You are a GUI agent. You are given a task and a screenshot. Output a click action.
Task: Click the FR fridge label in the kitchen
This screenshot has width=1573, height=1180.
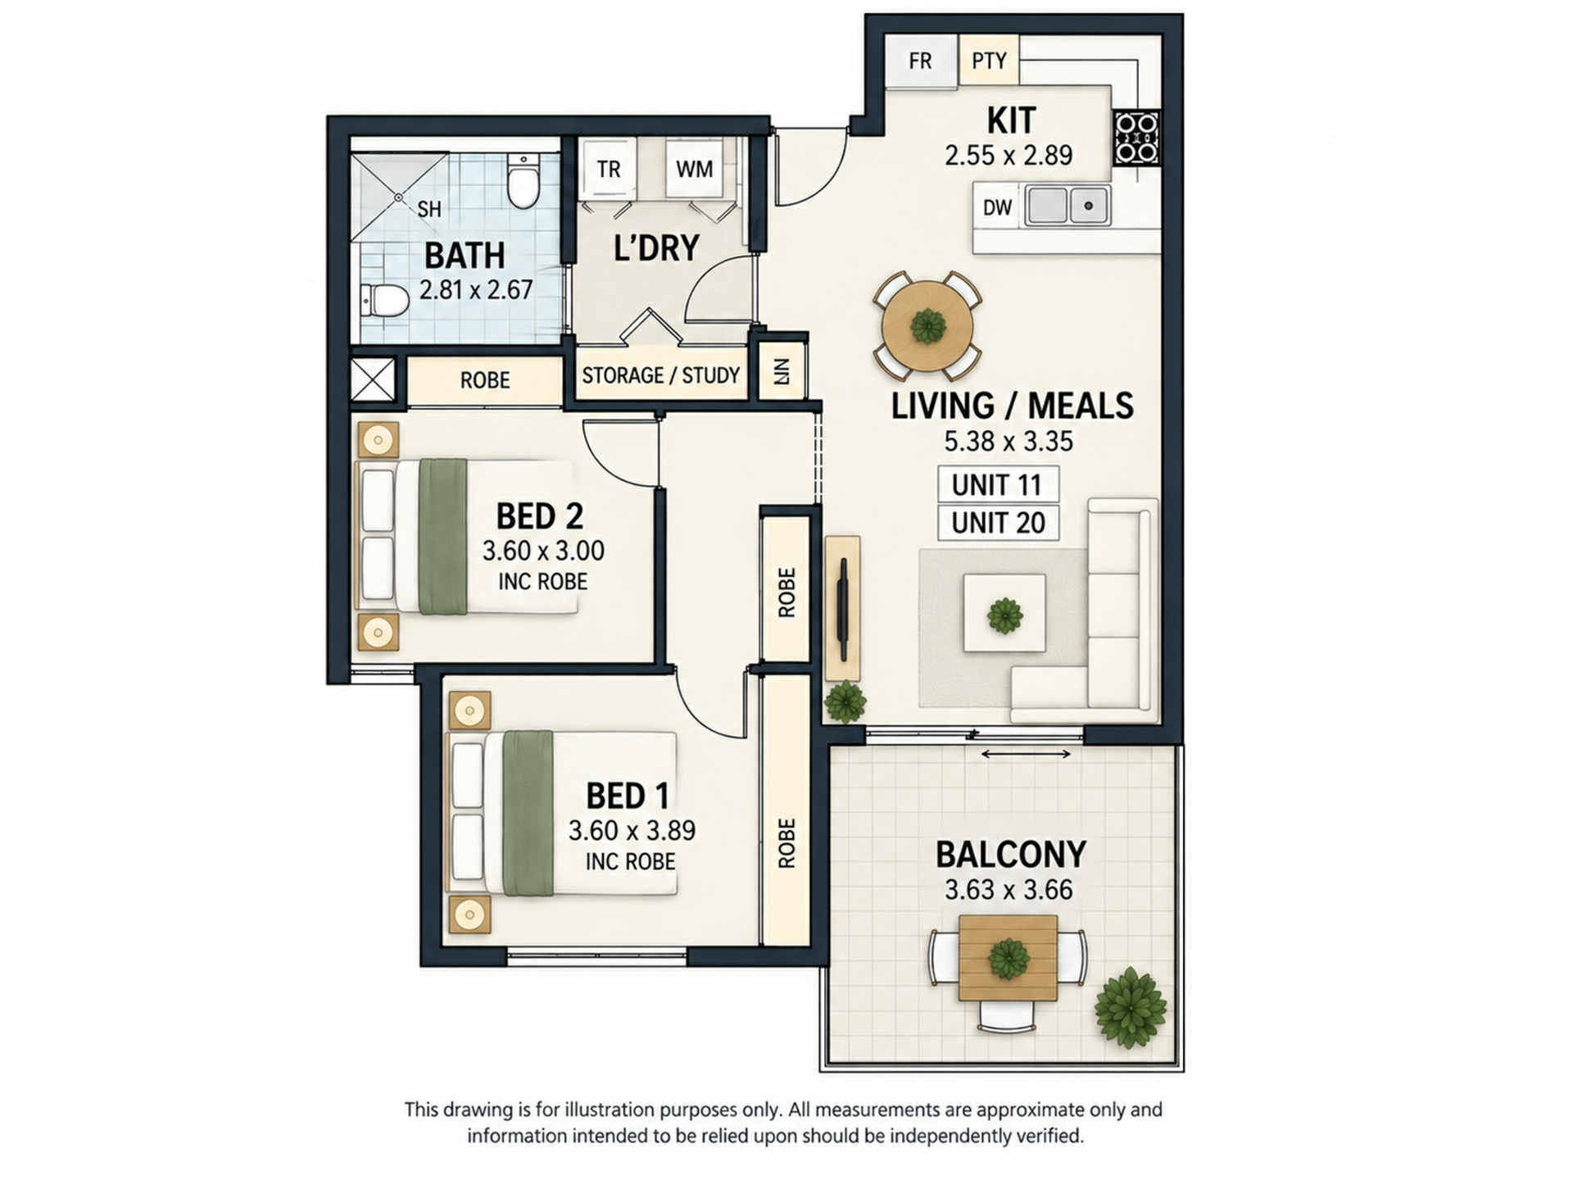(920, 61)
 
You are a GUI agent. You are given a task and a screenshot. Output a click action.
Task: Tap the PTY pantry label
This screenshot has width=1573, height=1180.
(989, 61)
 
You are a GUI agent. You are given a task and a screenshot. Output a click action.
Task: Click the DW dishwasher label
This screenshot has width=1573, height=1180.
(997, 207)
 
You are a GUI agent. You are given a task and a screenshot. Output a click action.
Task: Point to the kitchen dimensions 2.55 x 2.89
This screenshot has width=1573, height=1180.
(1009, 155)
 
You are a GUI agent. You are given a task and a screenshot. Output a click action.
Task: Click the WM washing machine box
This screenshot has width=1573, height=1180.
(694, 169)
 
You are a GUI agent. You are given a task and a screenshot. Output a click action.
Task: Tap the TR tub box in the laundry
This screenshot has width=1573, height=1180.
(609, 169)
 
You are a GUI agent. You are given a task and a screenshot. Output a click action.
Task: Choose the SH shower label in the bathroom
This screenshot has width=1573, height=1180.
(429, 209)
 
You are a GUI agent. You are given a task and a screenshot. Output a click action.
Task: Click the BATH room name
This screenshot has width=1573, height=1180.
(465, 256)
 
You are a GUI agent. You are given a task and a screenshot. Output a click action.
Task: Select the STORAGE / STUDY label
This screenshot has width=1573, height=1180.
(661, 375)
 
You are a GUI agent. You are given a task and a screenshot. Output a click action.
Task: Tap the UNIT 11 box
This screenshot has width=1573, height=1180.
(998, 484)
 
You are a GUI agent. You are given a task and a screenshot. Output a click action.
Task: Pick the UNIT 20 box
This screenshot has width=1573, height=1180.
(998, 523)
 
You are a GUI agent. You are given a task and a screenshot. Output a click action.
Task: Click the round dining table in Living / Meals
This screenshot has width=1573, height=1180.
(927, 326)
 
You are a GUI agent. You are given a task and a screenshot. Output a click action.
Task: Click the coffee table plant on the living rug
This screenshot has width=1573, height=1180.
(1004, 615)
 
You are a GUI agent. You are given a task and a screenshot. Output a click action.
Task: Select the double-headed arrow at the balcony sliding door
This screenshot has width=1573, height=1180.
(1026, 754)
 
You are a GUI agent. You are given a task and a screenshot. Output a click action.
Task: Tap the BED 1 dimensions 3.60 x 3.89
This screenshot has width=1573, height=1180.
(632, 830)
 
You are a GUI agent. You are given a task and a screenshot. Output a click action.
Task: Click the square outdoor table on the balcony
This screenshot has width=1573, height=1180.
(1008, 957)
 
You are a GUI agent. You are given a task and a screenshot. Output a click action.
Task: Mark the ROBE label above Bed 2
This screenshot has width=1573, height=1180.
(485, 380)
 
